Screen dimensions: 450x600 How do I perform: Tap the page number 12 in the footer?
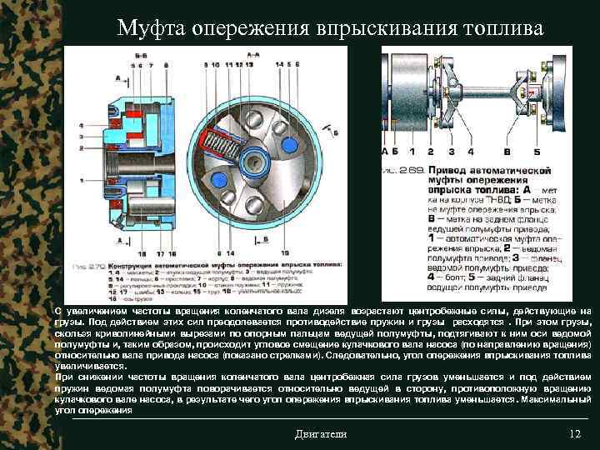click(573, 434)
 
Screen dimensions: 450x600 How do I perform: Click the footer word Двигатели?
click(322, 434)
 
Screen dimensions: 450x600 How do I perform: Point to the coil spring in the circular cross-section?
click(227, 133)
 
